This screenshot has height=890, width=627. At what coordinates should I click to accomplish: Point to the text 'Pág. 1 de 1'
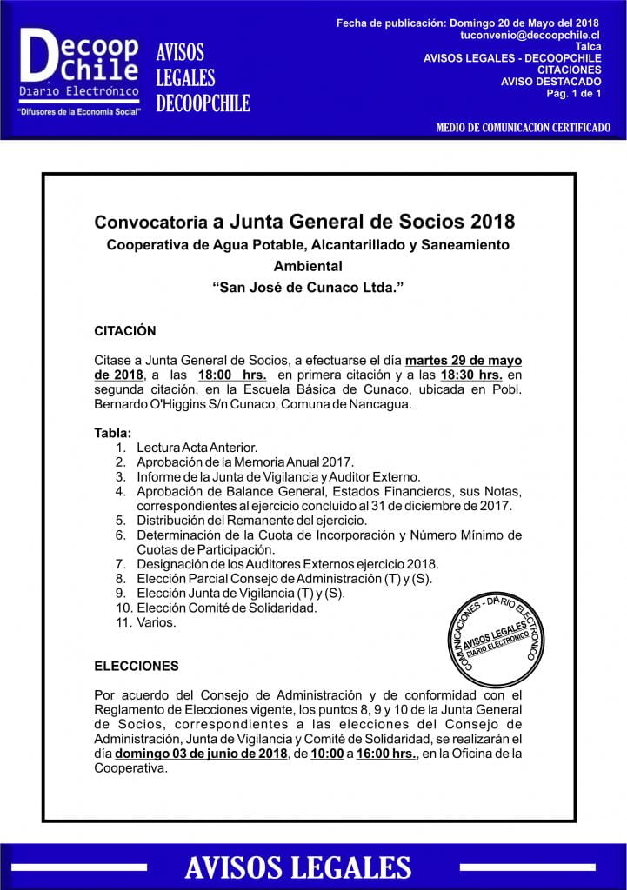click(x=575, y=94)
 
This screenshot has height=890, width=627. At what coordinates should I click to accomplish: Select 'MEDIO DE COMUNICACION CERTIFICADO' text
click(x=523, y=128)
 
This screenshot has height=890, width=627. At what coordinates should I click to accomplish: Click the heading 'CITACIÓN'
click(x=124, y=330)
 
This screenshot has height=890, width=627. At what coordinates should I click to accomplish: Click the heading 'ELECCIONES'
click(x=136, y=666)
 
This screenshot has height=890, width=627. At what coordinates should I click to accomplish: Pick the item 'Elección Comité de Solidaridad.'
click(x=226, y=608)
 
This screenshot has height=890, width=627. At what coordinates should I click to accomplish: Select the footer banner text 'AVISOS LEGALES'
click(x=298, y=867)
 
